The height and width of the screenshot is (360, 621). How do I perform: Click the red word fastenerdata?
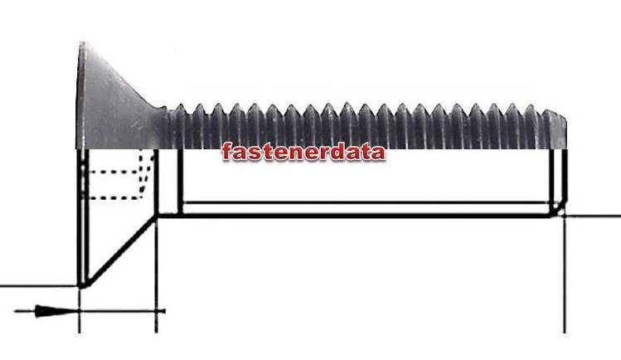tap(303, 152)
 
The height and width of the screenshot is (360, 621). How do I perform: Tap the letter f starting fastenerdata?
tap(226, 152)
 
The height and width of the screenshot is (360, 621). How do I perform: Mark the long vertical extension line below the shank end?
tap(564, 274)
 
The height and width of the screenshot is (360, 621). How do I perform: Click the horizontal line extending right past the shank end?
tap(593, 216)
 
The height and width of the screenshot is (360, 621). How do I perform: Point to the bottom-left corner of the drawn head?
tap(81, 285)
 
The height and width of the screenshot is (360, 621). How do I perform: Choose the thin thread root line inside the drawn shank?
tap(365, 202)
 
